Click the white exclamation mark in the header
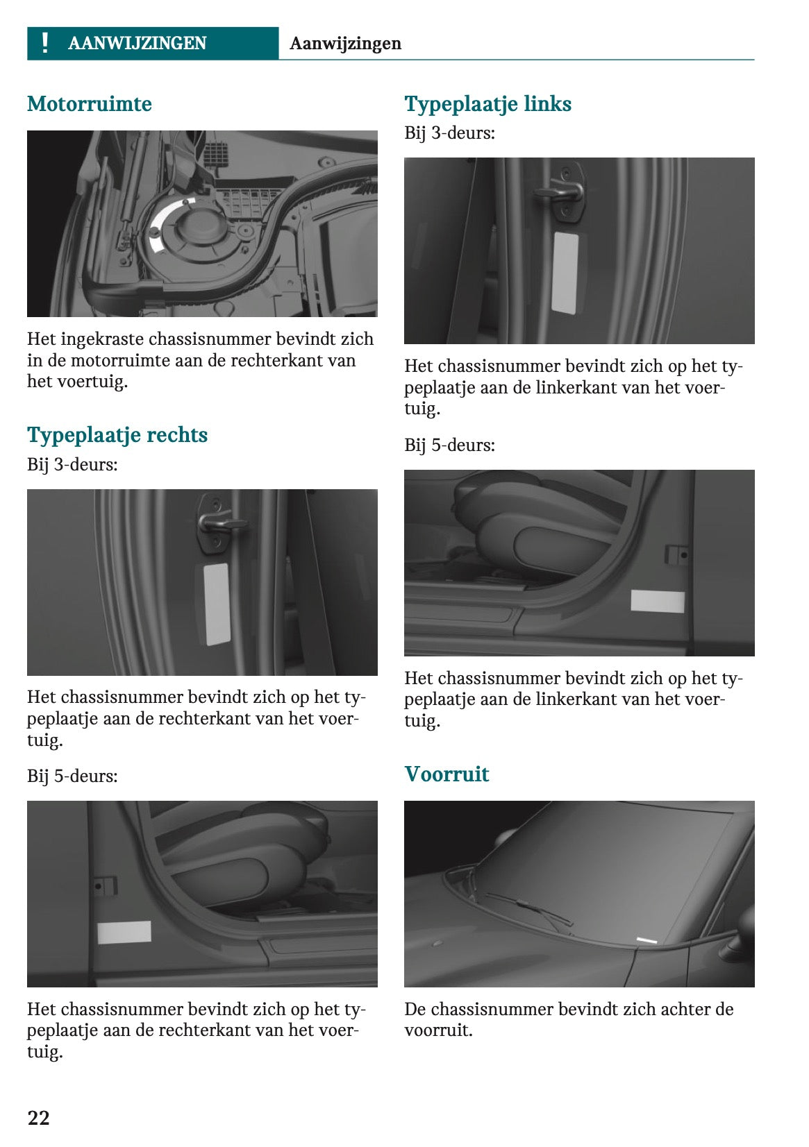[x=45, y=43]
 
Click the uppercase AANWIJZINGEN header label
[x=137, y=43]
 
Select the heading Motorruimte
[x=89, y=104]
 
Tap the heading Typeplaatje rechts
[x=117, y=435]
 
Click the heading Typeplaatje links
[x=487, y=104]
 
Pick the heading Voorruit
[x=447, y=774]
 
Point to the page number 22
[x=39, y=1117]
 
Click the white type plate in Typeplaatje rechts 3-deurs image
[x=217, y=603]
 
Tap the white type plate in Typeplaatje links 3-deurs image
[x=565, y=272]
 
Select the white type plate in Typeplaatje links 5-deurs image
[x=657, y=601]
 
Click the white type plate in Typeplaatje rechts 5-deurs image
[x=124, y=933]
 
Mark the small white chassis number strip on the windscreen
[x=647, y=940]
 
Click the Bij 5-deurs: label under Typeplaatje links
[x=449, y=445]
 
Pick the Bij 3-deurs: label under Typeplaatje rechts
[x=72, y=464]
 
